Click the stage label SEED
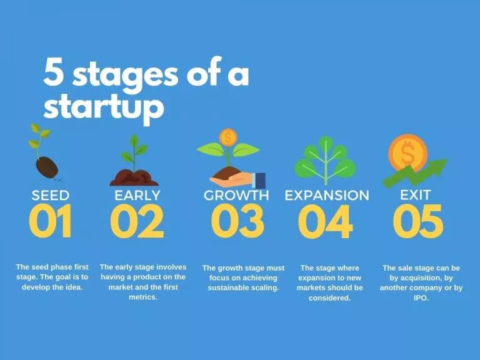(x=51, y=195)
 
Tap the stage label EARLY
(x=137, y=195)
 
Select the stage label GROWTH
(x=236, y=195)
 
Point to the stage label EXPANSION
(x=327, y=195)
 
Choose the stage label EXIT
(x=416, y=195)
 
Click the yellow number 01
(x=51, y=221)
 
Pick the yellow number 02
(x=137, y=221)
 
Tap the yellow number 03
(x=237, y=221)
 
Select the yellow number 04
(x=325, y=221)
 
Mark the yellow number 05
(x=418, y=221)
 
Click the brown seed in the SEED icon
(x=47, y=167)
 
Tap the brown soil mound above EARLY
(x=134, y=177)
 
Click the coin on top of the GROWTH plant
(x=228, y=137)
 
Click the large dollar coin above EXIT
(x=407, y=152)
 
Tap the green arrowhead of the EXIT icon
(x=438, y=167)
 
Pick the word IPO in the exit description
(x=421, y=298)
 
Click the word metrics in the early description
(x=143, y=297)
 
